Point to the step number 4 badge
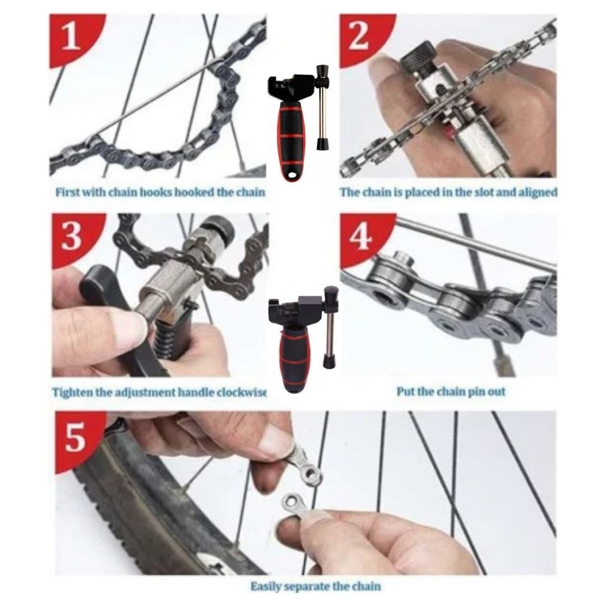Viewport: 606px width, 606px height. [x=362, y=238]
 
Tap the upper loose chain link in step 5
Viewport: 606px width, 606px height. [x=306, y=463]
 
